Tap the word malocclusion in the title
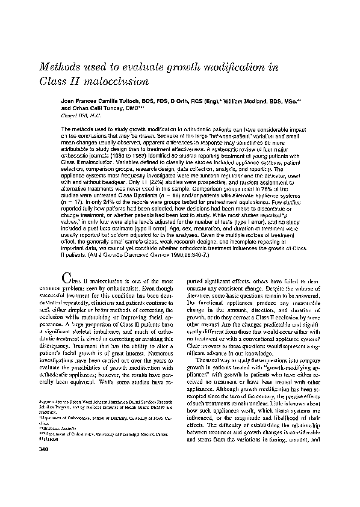point(120,80)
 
